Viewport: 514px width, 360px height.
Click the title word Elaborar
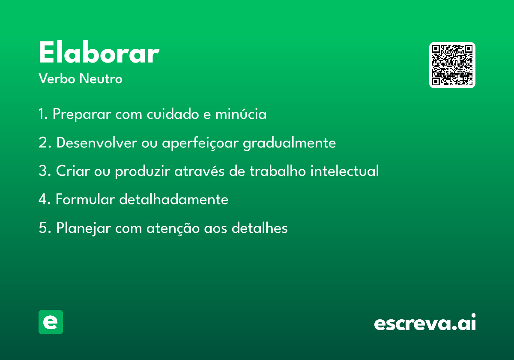pyautogui.click(x=99, y=52)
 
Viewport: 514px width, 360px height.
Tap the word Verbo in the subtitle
pyautogui.click(x=57, y=78)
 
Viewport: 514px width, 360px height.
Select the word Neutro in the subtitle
pyautogui.click(x=101, y=78)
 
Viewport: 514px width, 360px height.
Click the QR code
pyautogui.click(x=452, y=65)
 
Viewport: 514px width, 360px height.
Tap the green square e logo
pyautogui.click(x=51, y=322)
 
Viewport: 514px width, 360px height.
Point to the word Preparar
pyautogui.click(x=82, y=114)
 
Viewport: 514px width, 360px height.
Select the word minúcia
pyautogui.click(x=241, y=114)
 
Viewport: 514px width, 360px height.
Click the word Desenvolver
pyautogui.click(x=97, y=143)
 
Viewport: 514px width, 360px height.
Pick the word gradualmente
pyautogui.click(x=290, y=143)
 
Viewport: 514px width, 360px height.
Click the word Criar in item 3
pyautogui.click(x=73, y=171)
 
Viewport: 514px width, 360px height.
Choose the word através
pyautogui.click(x=199, y=171)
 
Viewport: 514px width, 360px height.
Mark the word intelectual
pyautogui.click(x=344, y=171)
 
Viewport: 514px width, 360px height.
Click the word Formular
pyautogui.click(x=85, y=199)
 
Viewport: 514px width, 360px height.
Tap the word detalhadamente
pyautogui.click(x=174, y=199)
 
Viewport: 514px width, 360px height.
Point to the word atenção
pyautogui.click(x=173, y=228)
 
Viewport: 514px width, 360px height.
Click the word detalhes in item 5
pyautogui.click(x=260, y=228)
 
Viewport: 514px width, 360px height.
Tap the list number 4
pyautogui.click(x=43, y=199)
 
